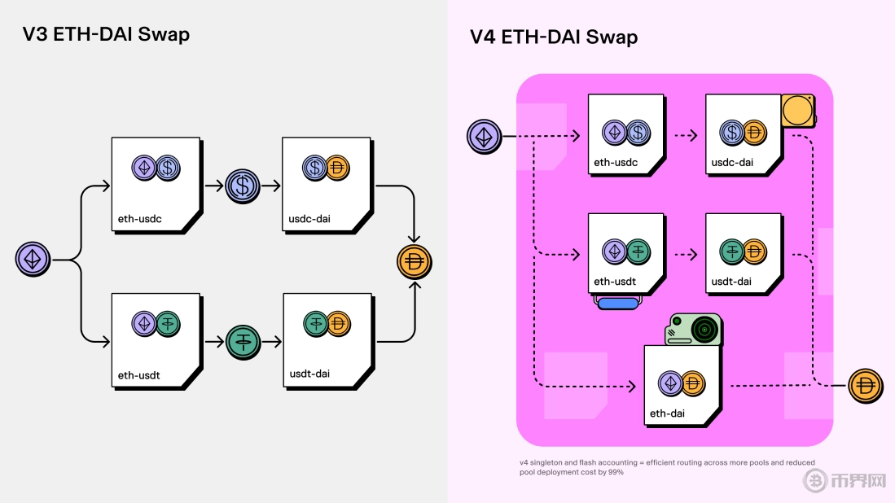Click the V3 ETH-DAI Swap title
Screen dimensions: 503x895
coord(106,34)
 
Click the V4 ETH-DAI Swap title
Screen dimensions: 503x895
coord(554,37)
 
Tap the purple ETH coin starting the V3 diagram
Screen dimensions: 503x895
coord(33,260)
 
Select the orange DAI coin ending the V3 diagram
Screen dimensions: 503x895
coord(414,262)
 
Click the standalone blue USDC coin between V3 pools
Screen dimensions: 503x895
coord(243,186)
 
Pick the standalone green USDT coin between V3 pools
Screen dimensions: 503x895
coord(243,339)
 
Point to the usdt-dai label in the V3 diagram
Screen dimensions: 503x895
coord(309,374)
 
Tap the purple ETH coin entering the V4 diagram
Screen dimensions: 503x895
coord(484,136)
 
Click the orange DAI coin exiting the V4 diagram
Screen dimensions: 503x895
coord(865,385)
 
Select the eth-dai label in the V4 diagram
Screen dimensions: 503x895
coord(666,413)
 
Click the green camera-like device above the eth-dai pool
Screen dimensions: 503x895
coord(694,330)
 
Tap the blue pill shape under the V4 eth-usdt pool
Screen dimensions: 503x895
coord(618,303)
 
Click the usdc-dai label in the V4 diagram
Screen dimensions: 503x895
coord(731,163)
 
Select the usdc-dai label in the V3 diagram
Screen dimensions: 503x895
coord(309,219)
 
